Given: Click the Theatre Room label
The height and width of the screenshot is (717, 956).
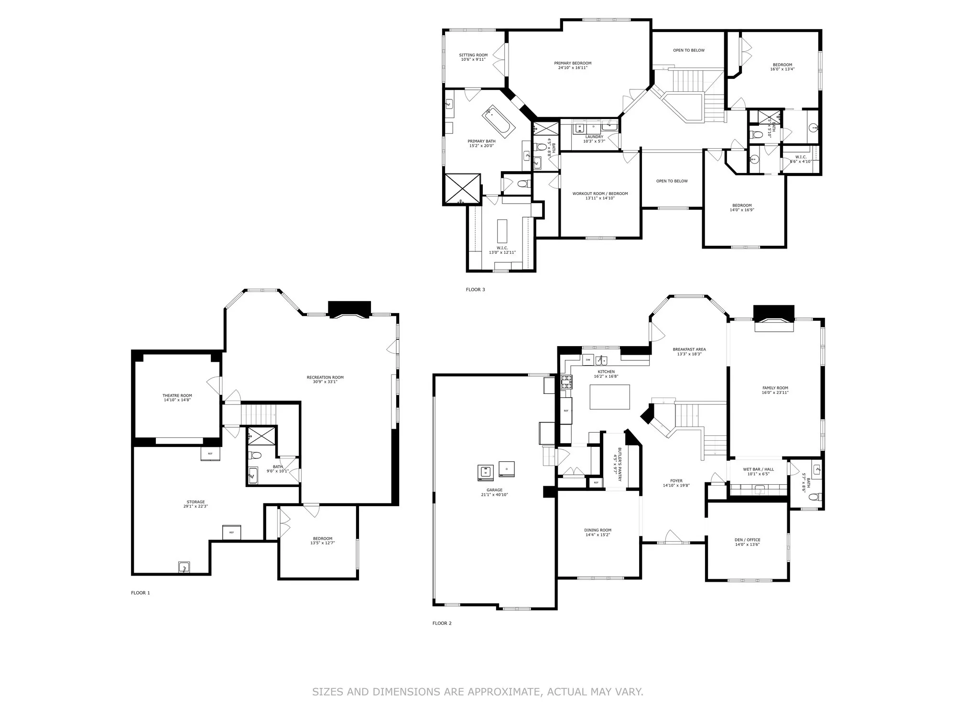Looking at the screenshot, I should (177, 395).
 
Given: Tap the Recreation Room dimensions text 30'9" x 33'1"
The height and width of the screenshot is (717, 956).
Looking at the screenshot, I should (325, 382).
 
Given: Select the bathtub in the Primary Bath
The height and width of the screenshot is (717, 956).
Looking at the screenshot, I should (499, 119).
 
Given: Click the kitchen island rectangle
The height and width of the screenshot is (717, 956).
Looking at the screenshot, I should (609, 397).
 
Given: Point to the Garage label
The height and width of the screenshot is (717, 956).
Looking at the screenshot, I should (495, 490).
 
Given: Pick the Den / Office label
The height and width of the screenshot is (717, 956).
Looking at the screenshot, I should (747, 540).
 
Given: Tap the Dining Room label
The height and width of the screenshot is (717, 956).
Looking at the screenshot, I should (597, 530).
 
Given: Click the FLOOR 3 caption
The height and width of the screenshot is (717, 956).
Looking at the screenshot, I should (475, 290).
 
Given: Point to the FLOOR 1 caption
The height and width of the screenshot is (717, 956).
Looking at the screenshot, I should (141, 593).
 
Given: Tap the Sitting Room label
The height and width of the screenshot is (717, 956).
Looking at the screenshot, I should (473, 55).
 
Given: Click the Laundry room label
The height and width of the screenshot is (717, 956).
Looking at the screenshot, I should (594, 137).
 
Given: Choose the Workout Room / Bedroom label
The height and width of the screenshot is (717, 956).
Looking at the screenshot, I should (600, 194).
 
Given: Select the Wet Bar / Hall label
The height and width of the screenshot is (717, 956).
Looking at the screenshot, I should (758, 469).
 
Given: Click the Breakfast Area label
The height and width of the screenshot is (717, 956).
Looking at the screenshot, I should (689, 349).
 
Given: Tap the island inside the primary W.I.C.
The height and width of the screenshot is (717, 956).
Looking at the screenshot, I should (501, 231).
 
